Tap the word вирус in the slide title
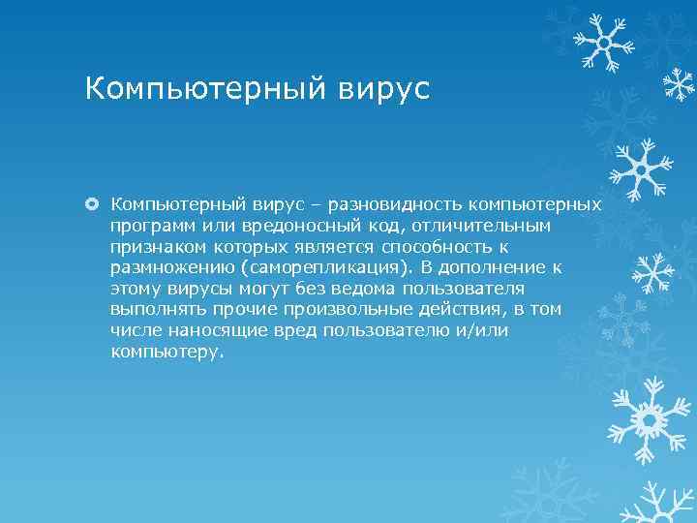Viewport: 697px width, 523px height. coord(383,89)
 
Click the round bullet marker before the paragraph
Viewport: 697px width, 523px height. coord(94,204)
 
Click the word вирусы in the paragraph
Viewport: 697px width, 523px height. coord(200,289)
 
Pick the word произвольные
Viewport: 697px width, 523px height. coord(342,309)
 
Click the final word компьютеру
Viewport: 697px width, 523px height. coord(167,352)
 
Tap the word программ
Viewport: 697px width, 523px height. coord(150,226)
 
